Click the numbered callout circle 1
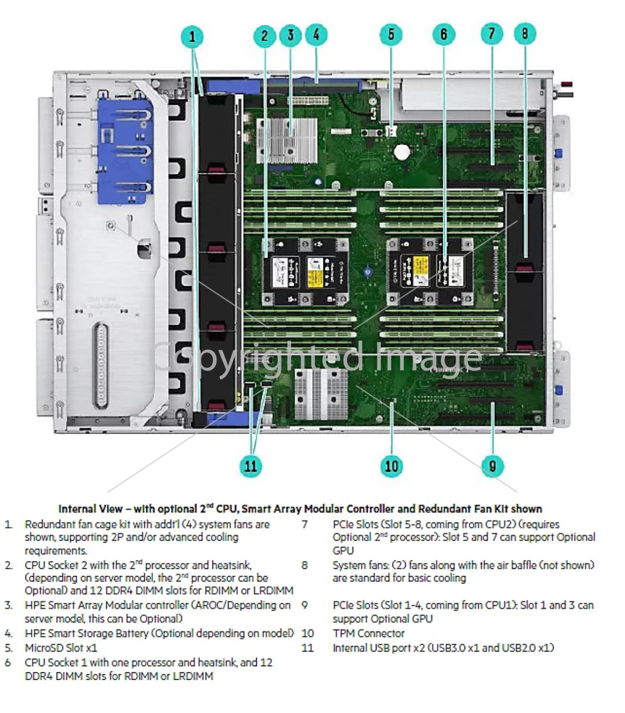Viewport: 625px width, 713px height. pos(192,36)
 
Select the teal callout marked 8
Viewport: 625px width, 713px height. pos(524,33)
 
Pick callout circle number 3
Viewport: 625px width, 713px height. pos(291,35)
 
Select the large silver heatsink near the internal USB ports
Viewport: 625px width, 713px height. pos(321,394)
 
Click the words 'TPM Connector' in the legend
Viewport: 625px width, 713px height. pos(368,633)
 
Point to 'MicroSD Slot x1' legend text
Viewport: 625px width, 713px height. pos(61,648)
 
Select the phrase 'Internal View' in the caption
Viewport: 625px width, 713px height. pos(90,509)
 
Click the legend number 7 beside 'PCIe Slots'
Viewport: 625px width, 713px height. pos(305,524)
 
